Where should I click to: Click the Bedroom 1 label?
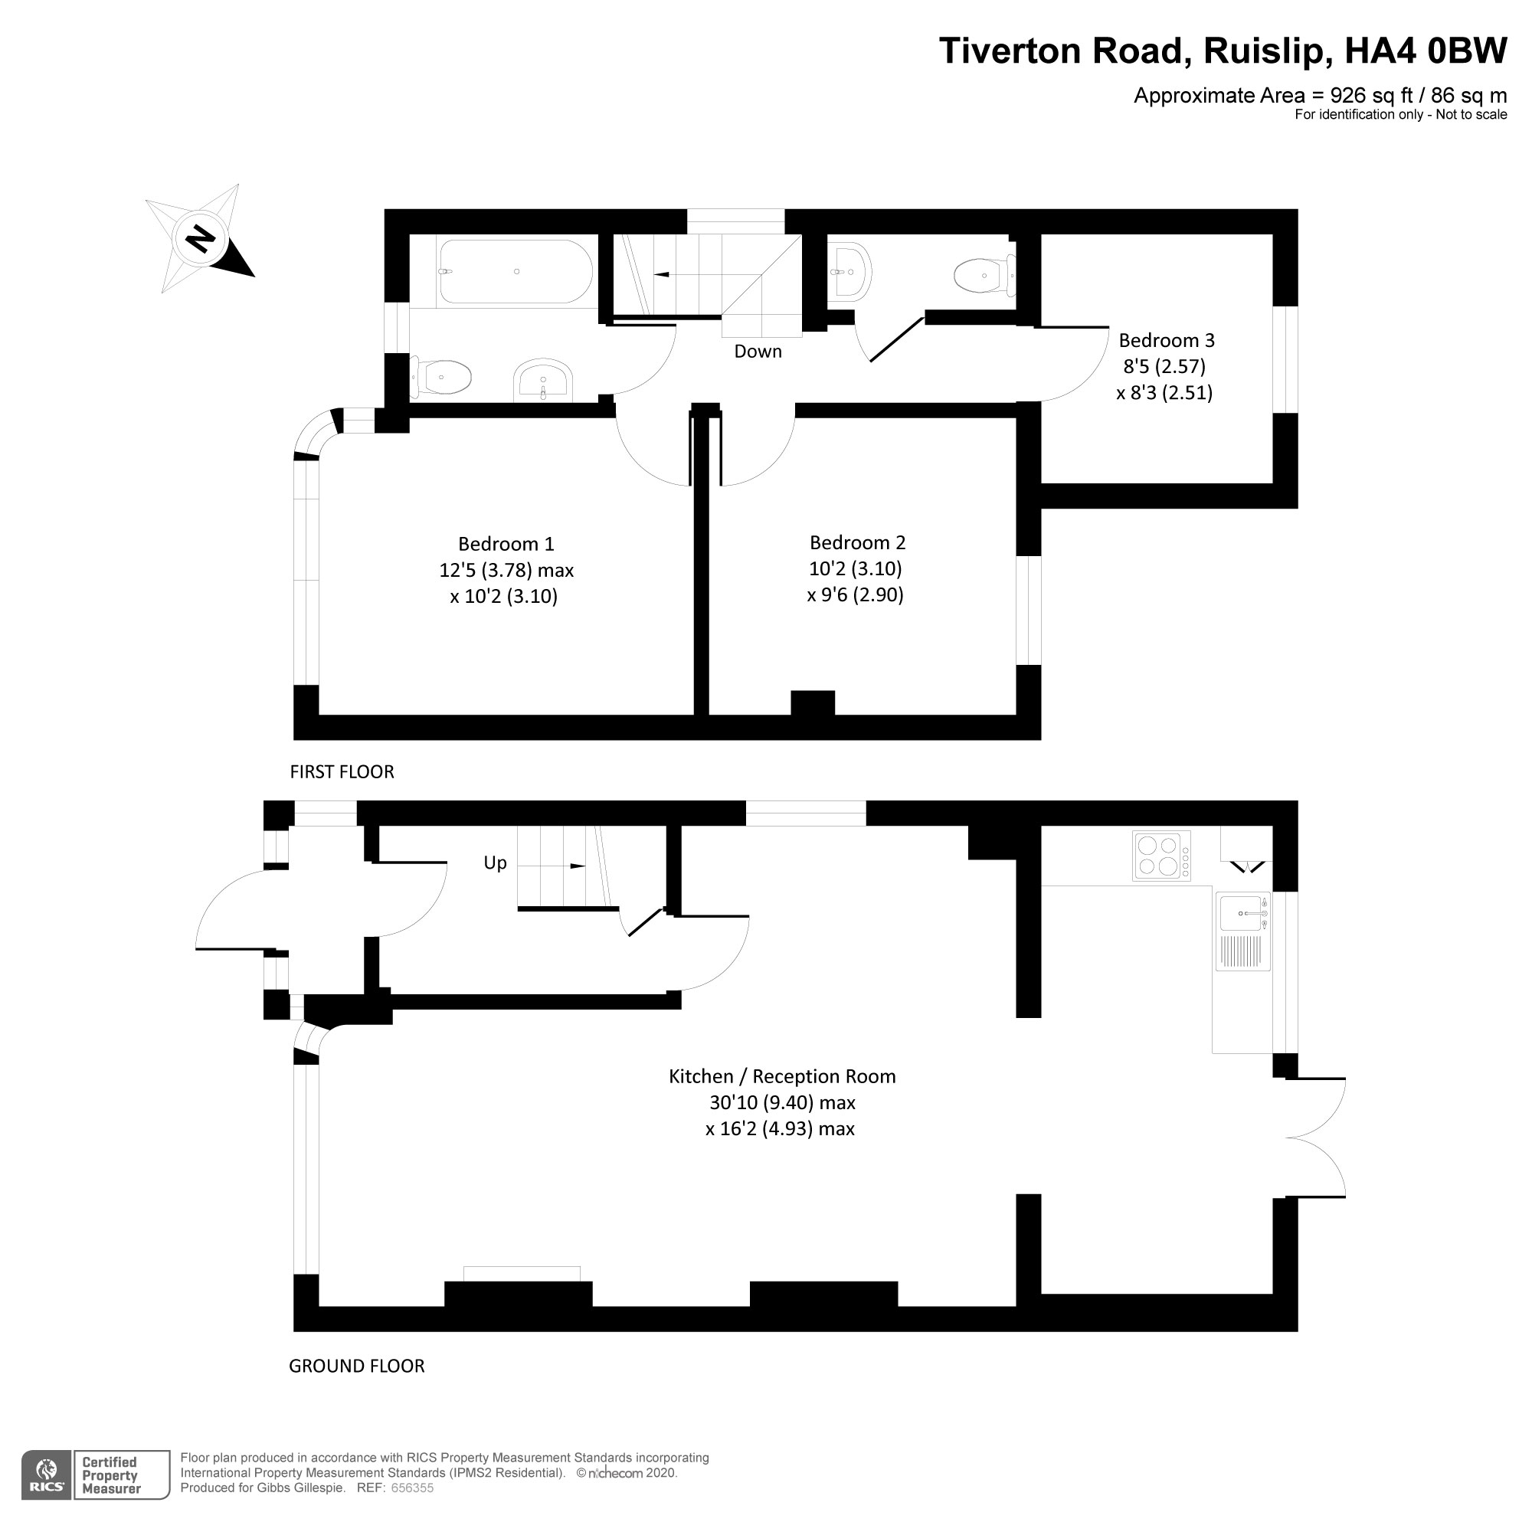tap(506, 544)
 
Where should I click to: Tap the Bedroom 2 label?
tap(857, 542)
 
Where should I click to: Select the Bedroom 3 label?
tap(1167, 340)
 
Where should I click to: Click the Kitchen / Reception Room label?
tap(782, 1076)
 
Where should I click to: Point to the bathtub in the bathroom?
tap(516, 271)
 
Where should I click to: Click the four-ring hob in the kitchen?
tap(1162, 855)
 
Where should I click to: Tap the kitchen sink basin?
tap(1240, 913)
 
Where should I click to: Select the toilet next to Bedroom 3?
tap(982, 276)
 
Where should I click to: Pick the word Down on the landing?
tap(758, 352)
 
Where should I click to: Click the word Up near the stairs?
tap(495, 863)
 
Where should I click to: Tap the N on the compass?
tap(201, 238)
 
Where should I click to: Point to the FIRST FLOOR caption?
tap(342, 771)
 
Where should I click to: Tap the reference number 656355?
tap(412, 1488)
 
